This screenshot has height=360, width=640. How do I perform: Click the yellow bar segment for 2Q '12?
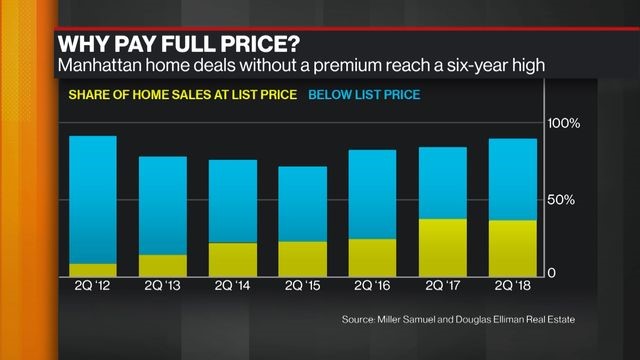[92, 270]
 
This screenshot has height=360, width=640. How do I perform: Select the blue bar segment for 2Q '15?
[302, 204]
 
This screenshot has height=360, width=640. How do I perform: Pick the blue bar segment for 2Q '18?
[512, 179]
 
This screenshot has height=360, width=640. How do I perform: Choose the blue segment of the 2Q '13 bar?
[162, 206]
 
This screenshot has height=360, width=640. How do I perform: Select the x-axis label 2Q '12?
[92, 288]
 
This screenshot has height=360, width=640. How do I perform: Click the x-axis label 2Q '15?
[302, 288]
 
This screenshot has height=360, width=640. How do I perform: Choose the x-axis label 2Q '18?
[512, 288]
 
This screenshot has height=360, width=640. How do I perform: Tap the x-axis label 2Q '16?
[372, 288]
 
